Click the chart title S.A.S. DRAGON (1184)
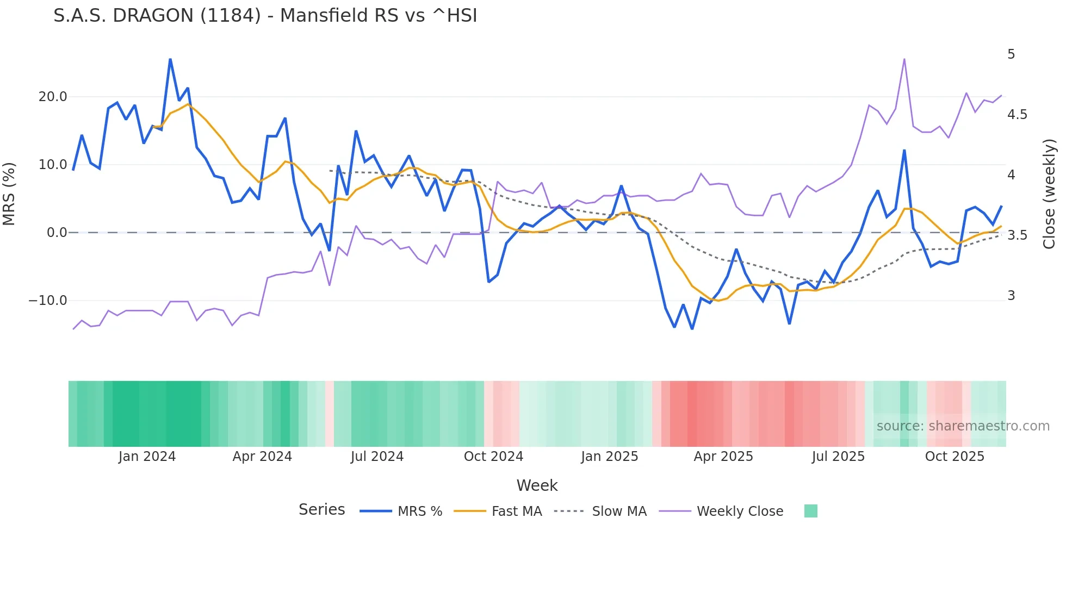265,16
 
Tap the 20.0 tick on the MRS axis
53,97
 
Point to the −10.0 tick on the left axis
48,301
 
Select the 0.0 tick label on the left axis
57,233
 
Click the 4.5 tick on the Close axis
1017,115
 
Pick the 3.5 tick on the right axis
1017,235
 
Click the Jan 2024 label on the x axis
147,457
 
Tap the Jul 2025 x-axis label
838,457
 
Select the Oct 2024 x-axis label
493,457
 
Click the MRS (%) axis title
9,194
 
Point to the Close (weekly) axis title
1049,194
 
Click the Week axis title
537,485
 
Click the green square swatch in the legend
810,511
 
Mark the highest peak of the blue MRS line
170,60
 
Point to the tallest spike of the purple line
904,59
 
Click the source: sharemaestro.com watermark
963,426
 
